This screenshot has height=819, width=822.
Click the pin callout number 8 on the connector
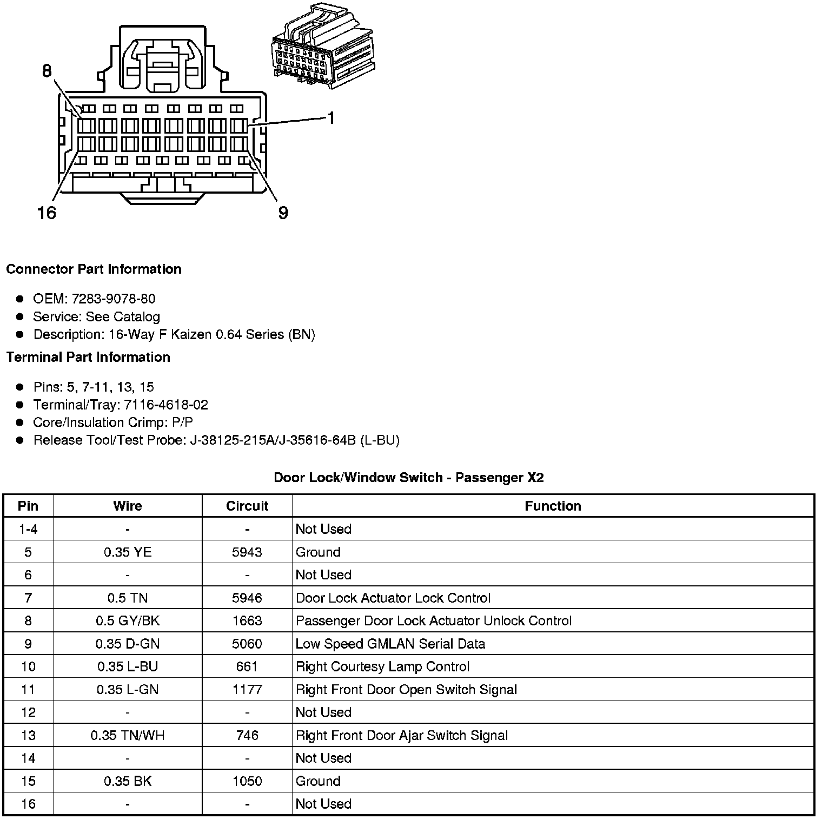[x=47, y=71]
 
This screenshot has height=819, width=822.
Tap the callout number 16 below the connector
[x=47, y=213]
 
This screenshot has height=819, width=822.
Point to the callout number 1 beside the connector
[x=330, y=118]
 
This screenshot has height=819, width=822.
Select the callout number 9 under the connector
[x=283, y=213]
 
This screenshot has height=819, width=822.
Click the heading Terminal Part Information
[x=88, y=357]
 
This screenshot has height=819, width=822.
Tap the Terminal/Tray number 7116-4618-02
[x=166, y=405]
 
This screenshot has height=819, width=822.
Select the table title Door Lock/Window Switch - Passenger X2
[x=408, y=477]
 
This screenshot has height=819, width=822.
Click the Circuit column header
[x=247, y=506]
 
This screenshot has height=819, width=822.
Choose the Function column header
[x=553, y=506]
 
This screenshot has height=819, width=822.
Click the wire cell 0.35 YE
[x=128, y=552]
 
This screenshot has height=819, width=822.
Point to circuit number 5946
[x=247, y=598]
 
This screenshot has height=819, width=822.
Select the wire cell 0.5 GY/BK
[x=128, y=620]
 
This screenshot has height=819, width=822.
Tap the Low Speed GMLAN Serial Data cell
[x=390, y=644]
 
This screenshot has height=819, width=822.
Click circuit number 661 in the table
[x=247, y=666]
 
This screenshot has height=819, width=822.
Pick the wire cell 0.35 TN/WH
[x=128, y=735]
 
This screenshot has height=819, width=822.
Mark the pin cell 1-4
[x=28, y=529]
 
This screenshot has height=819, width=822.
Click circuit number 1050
[x=247, y=781]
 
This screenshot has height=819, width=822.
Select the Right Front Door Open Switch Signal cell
[x=406, y=689]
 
